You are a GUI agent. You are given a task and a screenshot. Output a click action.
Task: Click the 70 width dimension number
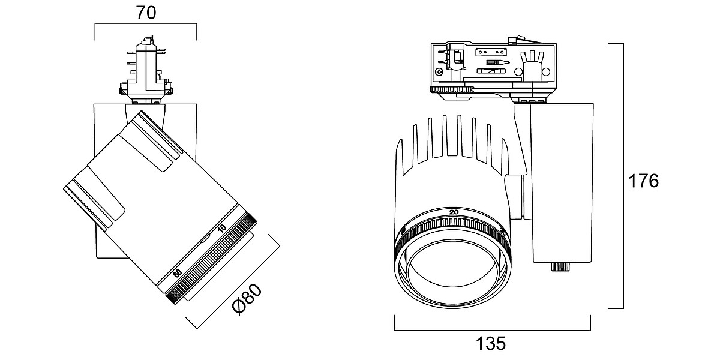click(146, 13)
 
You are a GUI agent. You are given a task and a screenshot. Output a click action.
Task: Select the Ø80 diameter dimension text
click(248, 299)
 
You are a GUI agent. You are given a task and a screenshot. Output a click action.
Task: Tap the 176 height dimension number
click(643, 180)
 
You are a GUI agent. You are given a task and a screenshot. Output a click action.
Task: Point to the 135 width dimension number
click(491, 344)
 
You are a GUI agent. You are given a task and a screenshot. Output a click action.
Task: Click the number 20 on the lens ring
click(454, 212)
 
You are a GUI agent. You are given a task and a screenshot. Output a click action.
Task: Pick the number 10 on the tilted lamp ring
click(222, 228)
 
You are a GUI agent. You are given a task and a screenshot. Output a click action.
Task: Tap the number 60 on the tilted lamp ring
click(177, 272)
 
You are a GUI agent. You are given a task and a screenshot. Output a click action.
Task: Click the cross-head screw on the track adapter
click(440, 72)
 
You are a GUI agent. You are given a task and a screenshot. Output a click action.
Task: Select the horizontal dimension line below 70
click(146, 25)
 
